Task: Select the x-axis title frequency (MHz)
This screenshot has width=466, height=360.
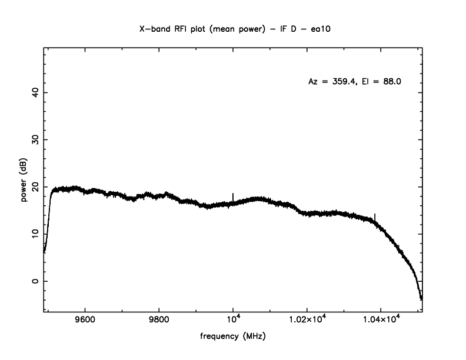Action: tap(232, 338)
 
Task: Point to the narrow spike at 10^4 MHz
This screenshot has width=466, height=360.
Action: tap(233, 196)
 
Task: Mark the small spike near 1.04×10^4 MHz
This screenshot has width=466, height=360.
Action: tap(375, 216)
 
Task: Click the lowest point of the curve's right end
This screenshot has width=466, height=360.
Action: tap(421, 299)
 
